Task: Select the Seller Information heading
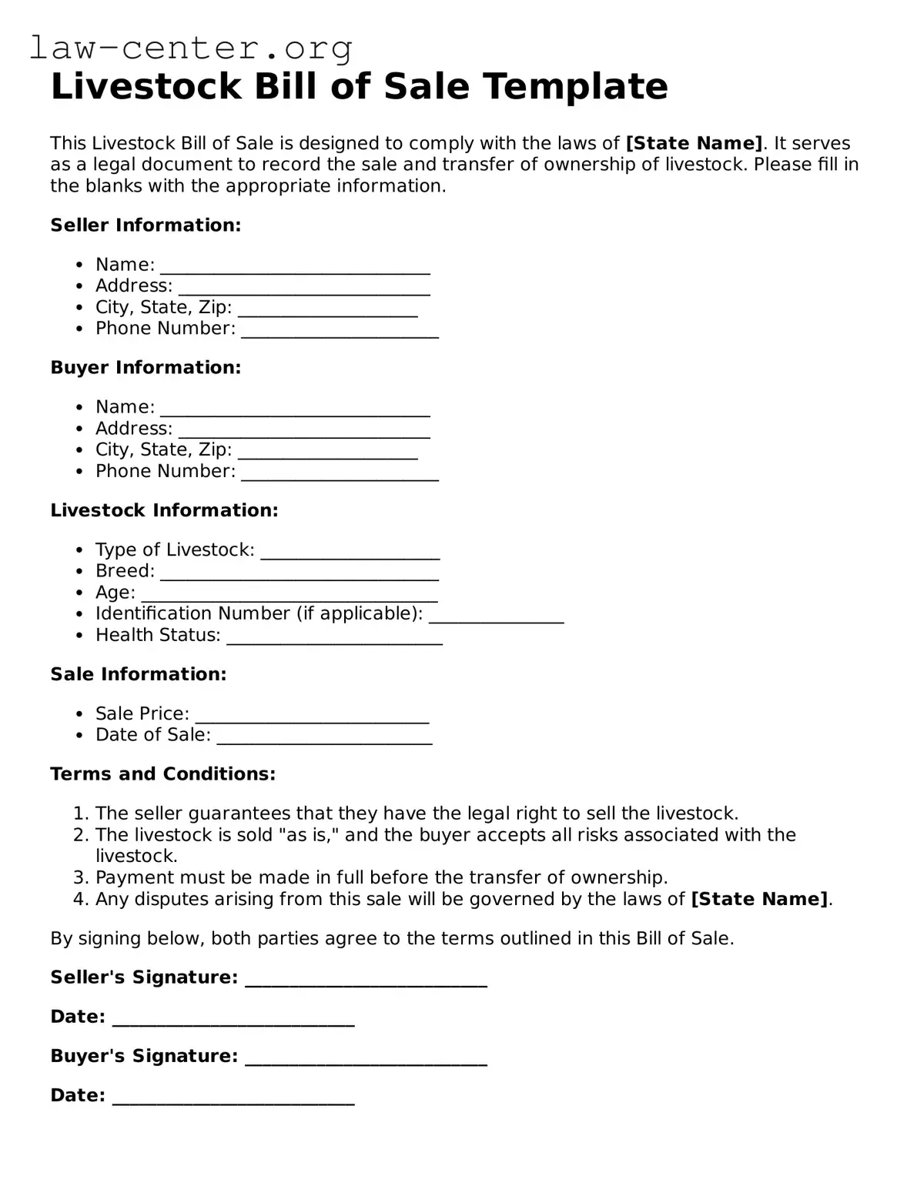coord(146,226)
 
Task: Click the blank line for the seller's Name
coord(295,266)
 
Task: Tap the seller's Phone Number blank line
coord(340,330)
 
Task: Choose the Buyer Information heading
coord(146,368)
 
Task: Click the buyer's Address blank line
coord(304,430)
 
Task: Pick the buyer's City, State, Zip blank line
coord(328,452)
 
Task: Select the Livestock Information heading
coord(164,511)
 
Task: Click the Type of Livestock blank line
coord(350,552)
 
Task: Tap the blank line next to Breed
coord(300,573)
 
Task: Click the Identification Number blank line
coord(497,616)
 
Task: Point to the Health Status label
coord(158,636)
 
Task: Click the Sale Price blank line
coord(312,716)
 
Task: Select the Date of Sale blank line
coord(324,737)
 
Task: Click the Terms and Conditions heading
coord(162,774)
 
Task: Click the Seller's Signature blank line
coord(366,980)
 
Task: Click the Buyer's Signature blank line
coord(366,1058)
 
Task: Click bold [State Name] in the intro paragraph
coord(694,144)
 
